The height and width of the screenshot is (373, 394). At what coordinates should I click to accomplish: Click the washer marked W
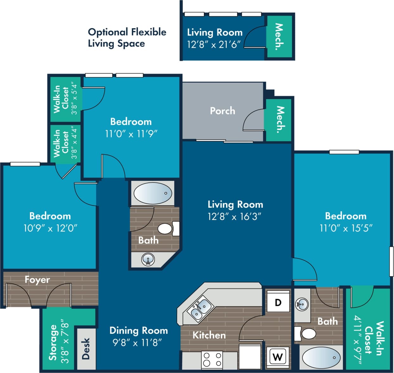tap(278, 357)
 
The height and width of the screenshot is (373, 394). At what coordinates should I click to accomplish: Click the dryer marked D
tap(278, 302)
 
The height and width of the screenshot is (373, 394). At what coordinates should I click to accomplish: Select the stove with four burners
tap(212, 359)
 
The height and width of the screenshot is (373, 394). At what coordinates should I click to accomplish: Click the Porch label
tap(222, 111)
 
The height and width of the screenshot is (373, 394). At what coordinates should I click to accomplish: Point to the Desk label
tap(86, 348)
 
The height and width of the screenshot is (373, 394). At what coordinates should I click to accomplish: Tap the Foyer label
tap(37, 280)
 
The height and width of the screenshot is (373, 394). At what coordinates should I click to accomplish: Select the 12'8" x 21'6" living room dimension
tap(214, 45)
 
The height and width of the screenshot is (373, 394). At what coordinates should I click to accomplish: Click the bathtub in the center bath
tap(152, 193)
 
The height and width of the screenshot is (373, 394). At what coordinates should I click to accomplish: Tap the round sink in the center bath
tap(148, 259)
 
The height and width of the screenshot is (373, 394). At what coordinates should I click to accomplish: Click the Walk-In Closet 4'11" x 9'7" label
tap(368, 338)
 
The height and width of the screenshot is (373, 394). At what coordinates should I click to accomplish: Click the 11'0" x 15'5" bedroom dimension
tap(346, 228)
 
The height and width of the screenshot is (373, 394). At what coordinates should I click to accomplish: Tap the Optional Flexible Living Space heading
tap(127, 37)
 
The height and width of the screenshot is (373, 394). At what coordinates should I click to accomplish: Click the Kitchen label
tap(209, 335)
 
